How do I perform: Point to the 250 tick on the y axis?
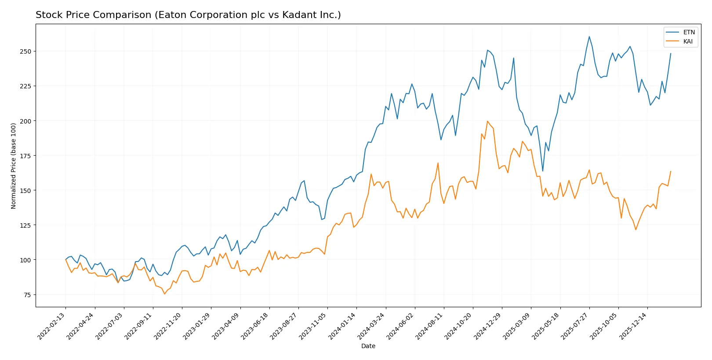click(x=25, y=51)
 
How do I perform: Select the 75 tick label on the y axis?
click(x=27, y=295)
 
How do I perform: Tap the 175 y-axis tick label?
click(x=25, y=156)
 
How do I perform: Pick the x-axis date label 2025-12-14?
click(x=634, y=326)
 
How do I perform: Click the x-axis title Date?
click(x=368, y=346)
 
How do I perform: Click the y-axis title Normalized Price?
click(x=14, y=166)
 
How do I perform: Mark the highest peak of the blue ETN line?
click(x=589, y=36)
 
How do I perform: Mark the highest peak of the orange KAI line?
click(x=487, y=121)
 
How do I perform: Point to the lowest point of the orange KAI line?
click(x=165, y=294)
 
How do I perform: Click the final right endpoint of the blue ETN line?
click(x=671, y=54)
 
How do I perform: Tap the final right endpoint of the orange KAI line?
click(x=671, y=171)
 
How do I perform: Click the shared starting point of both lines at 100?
click(x=66, y=259)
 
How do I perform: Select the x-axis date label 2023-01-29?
click(x=197, y=326)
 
